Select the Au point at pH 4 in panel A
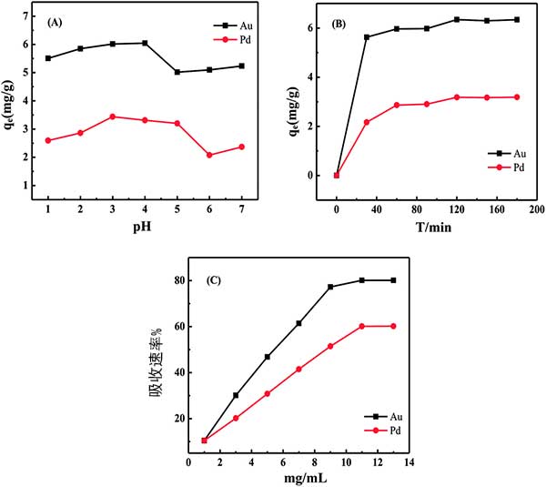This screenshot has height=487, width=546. tap(145, 43)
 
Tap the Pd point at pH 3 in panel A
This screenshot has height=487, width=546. tap(113, 117)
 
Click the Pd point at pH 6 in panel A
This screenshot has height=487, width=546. tap(209, 155)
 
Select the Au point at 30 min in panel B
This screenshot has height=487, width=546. tap(367, 37)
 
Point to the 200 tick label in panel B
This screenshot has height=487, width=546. tap(531, 209)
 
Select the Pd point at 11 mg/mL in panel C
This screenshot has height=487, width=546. tap(362, 326)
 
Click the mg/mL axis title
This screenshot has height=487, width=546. tap(298, 477)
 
